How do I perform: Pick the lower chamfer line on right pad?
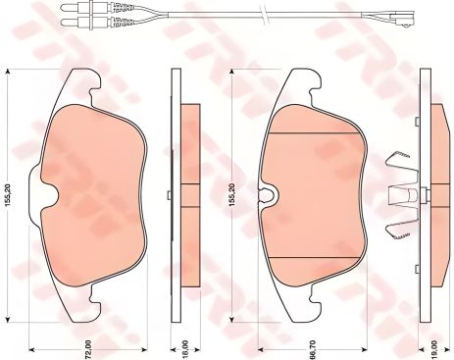click(312, 256)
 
